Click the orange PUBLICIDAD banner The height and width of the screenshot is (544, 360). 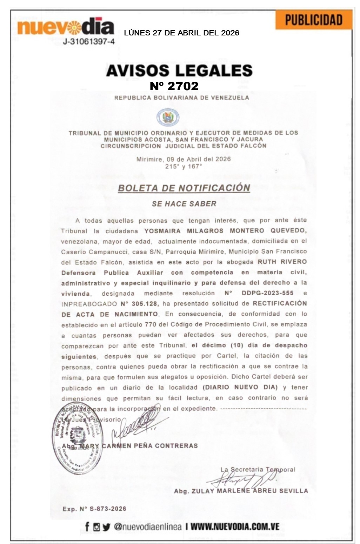tap(313, 20)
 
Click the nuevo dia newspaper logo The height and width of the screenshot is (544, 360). tap(66, 27)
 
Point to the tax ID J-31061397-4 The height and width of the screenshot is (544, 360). tap(88, 42)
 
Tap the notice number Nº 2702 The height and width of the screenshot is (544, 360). tap(174, 86)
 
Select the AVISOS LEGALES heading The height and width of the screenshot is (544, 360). tap(179, 70)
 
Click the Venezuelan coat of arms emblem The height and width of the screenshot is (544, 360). tap(168, 117)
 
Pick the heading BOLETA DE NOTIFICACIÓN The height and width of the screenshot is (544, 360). tap(184, 188)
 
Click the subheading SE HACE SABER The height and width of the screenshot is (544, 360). tap(184, 204)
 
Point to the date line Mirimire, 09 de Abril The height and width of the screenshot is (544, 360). tap(184, 159)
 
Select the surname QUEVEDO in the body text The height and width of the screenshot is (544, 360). tap(288, 230)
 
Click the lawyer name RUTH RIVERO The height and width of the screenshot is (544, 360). tap(282, 262)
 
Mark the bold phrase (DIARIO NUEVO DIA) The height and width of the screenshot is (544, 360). tap(240, 387)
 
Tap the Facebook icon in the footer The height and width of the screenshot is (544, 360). tap(87, 526)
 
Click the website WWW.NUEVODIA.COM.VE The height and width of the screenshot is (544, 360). tap(235, 526)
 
